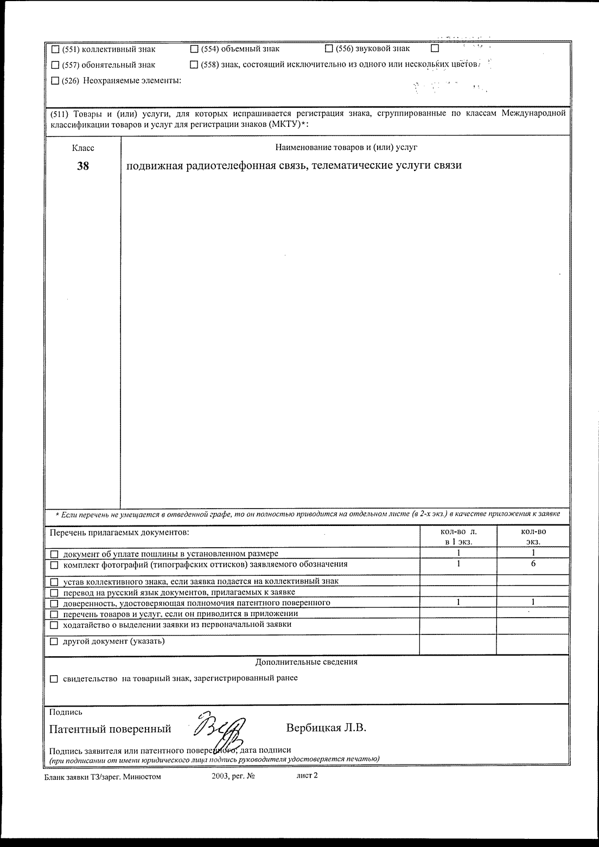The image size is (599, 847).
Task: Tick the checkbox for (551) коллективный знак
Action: (x=55, y=49)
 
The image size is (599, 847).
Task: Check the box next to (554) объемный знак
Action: (x=194, y=49)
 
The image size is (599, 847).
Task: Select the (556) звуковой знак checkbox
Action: (x=329, y=49)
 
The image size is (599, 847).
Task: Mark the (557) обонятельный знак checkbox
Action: (x=55, y=65)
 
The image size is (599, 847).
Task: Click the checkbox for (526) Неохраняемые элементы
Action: (x=55, y=81)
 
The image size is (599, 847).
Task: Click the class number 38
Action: (x=83, y=166)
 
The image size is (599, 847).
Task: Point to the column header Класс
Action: (x=83, y=147)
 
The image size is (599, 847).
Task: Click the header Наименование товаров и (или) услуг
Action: (x=346, y=147)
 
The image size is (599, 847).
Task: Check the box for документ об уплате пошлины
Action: (x=54, y=554)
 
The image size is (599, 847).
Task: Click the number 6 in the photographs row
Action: (x=533, y=564)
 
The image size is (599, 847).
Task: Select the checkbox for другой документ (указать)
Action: (x=54, y=642)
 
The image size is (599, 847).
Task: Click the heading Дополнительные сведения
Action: (x=307, y=662)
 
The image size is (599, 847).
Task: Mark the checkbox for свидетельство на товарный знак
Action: (x=54, y=678)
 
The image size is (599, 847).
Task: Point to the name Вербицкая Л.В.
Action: (x=326, y=728)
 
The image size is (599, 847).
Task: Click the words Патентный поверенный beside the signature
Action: (x=110, y=729)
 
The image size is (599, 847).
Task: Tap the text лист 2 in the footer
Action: (x=307, y=776)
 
